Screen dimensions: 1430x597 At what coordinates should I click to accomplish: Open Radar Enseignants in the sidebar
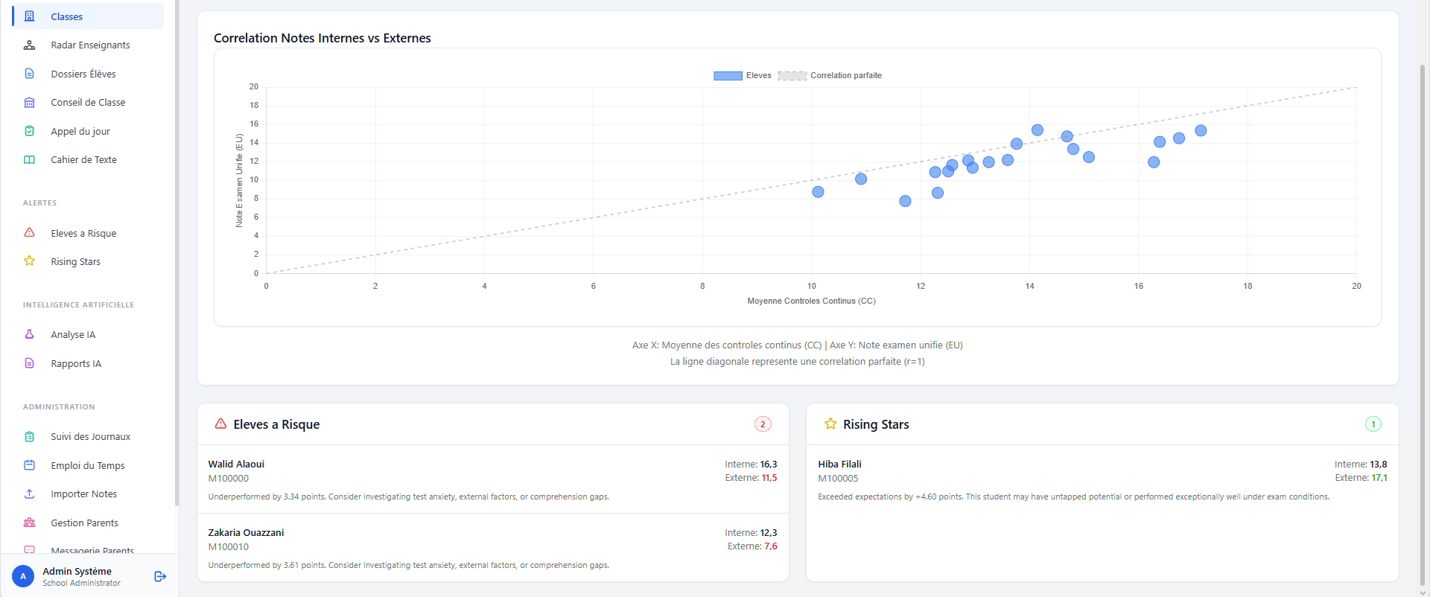point(90,45)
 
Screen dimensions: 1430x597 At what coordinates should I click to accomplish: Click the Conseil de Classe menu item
point(88,103)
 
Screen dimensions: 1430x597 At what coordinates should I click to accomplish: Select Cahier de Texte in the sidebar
point(83,160)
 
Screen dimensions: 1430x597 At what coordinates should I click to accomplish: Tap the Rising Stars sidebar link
point(75,262)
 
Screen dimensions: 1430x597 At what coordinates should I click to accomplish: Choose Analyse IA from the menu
point(73,335)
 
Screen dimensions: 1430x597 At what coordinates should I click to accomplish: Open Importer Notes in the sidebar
point(83,494)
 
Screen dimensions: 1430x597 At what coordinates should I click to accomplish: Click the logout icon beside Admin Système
point(160,576)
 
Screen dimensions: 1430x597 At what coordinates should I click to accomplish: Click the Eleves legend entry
point(742,75)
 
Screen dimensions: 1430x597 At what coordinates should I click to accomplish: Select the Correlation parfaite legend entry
point(830,75)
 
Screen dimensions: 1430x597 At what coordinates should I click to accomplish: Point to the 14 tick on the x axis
point(1030,286)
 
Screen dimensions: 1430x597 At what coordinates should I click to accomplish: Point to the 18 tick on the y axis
point(254,105)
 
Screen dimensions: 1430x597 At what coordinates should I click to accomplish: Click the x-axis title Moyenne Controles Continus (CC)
point(811,301)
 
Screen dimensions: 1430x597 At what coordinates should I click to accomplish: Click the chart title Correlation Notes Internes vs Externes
point(322,38)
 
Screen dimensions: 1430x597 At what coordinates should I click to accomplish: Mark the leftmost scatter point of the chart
point(818,192)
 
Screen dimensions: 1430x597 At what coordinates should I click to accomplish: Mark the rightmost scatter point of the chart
point(1201,131)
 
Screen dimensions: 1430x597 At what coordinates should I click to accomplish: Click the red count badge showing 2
point(763,424)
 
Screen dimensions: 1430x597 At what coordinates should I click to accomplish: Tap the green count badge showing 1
point(1373,424)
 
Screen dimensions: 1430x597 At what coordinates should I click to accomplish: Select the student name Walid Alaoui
point(236,464)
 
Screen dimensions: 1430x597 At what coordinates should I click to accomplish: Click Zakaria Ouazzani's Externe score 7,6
point(771,546)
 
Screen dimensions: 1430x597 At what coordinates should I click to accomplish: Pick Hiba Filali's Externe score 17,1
point(1379,478)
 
